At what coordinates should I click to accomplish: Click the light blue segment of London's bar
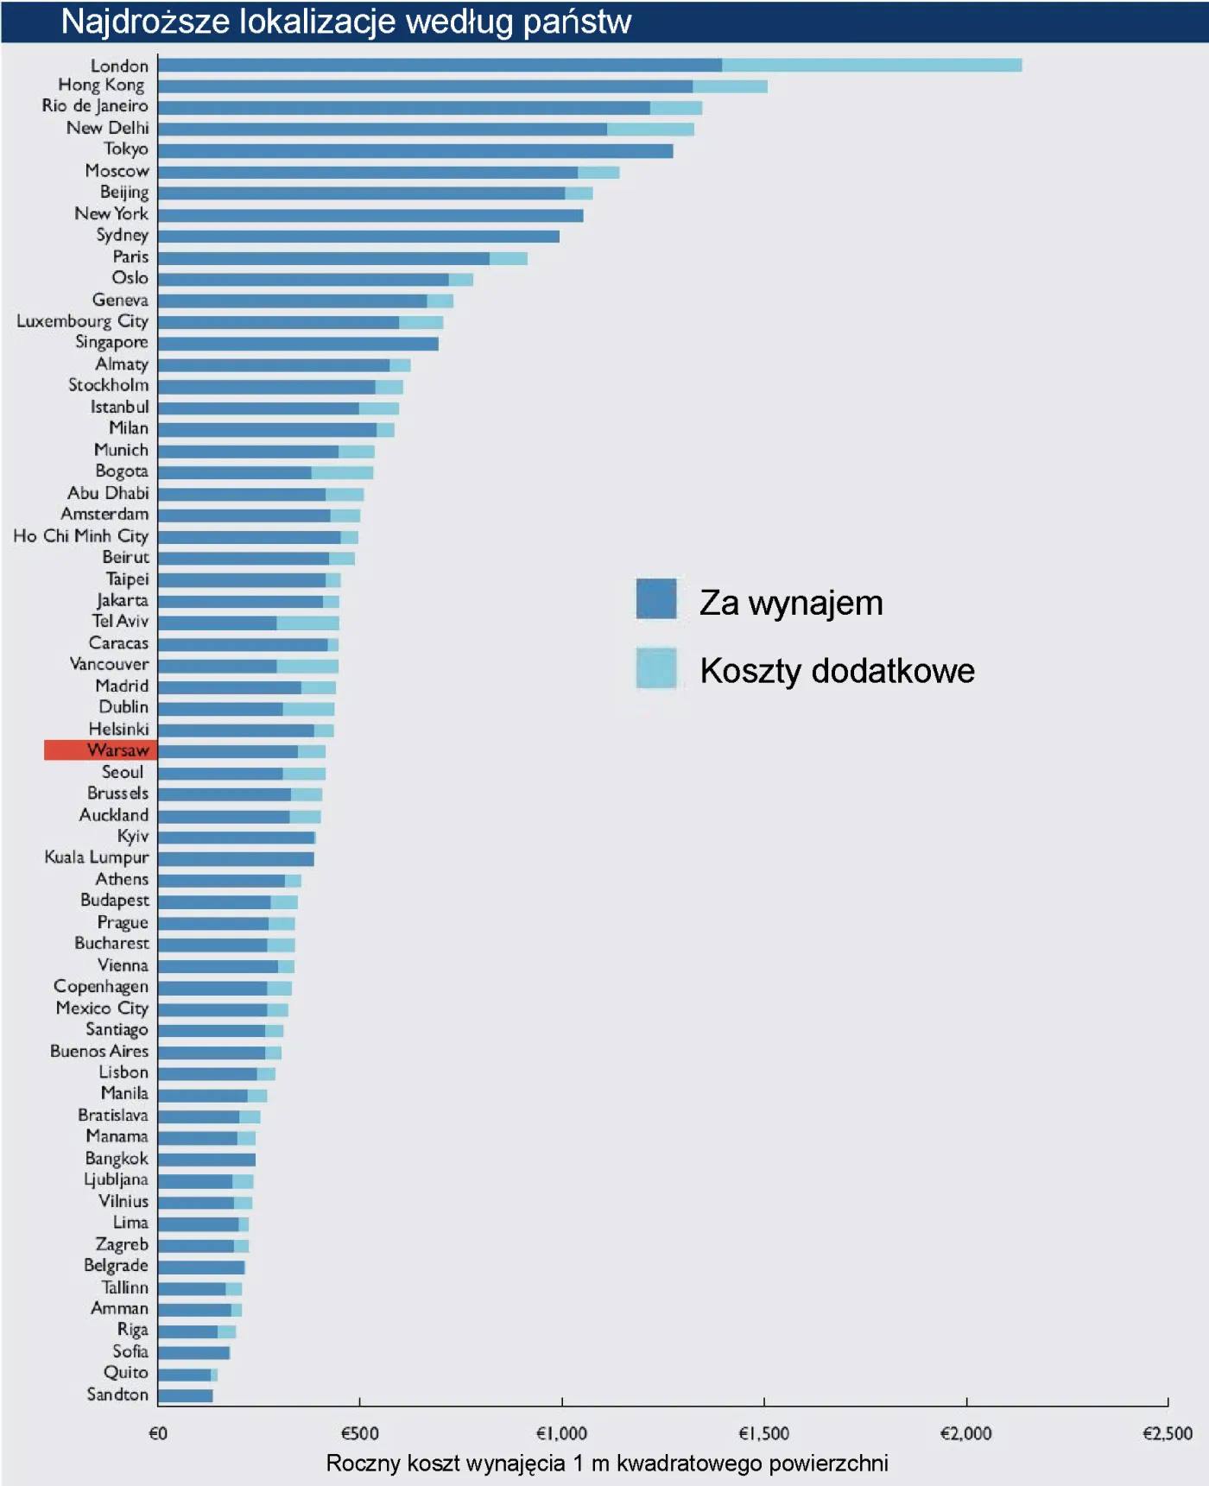pos(871,66)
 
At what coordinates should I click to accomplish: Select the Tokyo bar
pos(415,151)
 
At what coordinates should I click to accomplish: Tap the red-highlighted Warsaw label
pos(101,750)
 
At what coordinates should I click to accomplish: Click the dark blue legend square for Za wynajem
pos(656,599)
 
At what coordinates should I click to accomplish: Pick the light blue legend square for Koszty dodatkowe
pos(656,668)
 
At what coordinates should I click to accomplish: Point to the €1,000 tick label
pos(561,1434)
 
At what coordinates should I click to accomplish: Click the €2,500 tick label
pos(1167,1434)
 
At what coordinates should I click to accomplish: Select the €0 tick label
pos(158,1434)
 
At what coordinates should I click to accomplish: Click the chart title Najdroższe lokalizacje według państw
pos(345,22)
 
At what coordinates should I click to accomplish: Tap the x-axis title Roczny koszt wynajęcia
pos(606,1464)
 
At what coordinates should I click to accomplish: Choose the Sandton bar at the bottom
pos(185,1395)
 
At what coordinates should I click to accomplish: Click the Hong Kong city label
pos(101,85)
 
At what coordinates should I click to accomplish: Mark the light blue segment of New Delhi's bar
pos(650,130)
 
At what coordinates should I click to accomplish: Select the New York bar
pos(370,215)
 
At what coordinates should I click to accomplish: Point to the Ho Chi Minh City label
pos(80,536)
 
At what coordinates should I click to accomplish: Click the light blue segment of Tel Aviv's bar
pos(307,623)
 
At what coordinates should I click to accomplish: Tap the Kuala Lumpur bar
pos(236,859)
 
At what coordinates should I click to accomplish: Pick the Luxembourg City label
pos(82,321)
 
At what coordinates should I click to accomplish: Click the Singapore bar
pos(298,344)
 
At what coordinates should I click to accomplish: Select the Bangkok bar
pos(206,1160)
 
